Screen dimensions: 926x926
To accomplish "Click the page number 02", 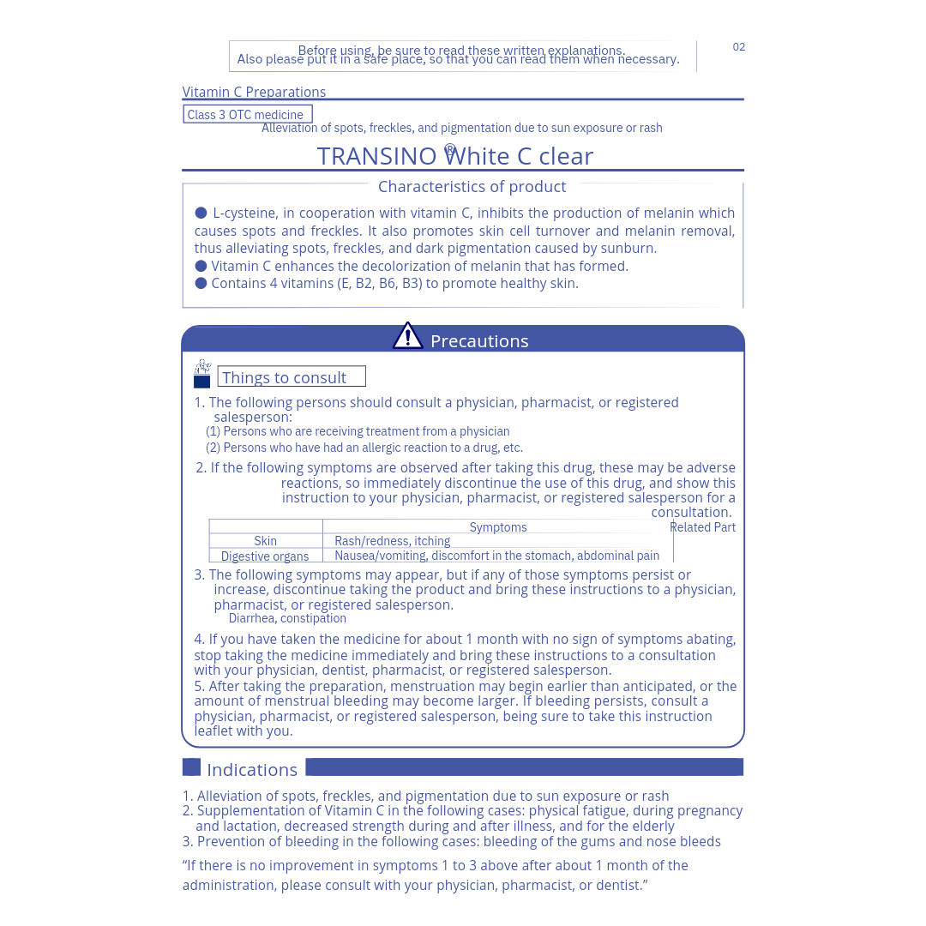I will click(x=738, y=47).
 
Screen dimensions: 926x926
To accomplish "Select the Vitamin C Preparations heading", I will click(x=254, y=92).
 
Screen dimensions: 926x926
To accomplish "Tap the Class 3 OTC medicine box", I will click(x=247, y=114).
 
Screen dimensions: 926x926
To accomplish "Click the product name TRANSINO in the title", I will click(x=376, y=156).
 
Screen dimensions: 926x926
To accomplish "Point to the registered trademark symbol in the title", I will click(x=450, y=150).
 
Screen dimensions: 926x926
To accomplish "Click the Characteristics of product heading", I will click(x=472, y=186).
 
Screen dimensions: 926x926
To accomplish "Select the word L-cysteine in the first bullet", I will click(x=244, y=213).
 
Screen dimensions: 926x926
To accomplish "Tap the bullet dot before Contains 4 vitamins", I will click(x=201, y=283).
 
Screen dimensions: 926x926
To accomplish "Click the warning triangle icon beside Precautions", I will click(x=407, y=336).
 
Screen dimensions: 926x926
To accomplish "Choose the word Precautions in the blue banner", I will click(x=479, y=341).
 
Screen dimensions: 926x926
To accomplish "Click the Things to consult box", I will click(x=292, y=377).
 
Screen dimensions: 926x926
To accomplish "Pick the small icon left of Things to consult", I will click(x=202, y=374).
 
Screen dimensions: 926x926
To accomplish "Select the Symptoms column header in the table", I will click(x=498, y=527).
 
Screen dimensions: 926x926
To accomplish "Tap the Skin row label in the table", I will click(x=266, y=541).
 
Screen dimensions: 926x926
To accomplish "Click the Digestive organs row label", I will click(x=265, y=556).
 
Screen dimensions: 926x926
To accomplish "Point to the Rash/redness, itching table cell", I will click(x=392, y=541).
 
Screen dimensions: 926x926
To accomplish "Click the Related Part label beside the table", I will click(x=702, y=527).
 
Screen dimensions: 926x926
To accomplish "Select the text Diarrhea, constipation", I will click(x=287, y=618).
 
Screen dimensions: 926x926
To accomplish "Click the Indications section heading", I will click(x=252, y=769).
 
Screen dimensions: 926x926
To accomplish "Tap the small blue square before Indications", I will click(x=191, y=767).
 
